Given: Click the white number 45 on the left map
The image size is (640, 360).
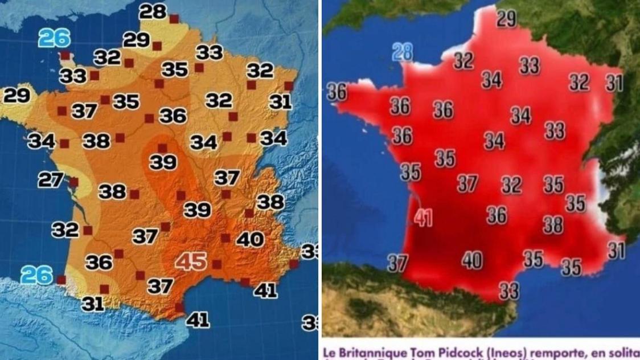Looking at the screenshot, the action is (191, 261).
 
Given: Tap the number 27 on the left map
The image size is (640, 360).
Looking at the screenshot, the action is (51, 180).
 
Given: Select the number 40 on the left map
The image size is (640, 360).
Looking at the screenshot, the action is (250, 239).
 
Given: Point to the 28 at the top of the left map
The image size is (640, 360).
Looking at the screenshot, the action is (153, 11).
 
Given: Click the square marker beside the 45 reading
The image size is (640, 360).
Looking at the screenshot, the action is (216, 264).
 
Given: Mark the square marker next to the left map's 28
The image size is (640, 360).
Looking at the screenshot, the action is (174, 19).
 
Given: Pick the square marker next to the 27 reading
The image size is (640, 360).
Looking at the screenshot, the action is (73, 182).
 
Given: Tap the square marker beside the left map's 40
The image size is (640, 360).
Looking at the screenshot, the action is (225, 238).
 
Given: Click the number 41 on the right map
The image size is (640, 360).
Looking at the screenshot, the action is (423, 218).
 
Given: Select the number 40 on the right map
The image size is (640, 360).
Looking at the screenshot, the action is (472, 260).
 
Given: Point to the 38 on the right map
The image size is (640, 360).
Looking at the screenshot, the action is (553, 225).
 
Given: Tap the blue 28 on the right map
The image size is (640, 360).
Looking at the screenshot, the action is (403, 52).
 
